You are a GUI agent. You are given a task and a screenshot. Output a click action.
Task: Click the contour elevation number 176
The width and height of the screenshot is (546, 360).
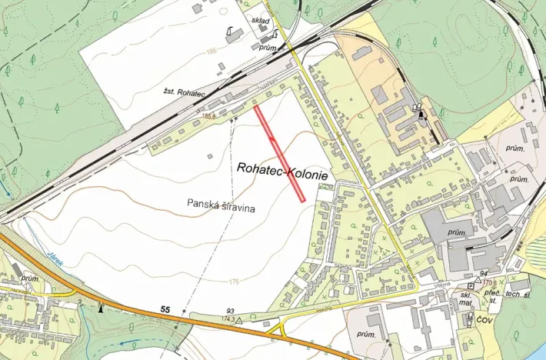coord(233,282)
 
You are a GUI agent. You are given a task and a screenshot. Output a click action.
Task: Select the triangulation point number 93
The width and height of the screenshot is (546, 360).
coord(229,311)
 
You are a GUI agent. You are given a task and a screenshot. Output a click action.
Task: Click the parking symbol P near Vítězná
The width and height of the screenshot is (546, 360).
coord(469,285)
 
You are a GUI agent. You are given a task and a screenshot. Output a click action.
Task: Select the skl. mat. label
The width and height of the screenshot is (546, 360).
coord(466,299)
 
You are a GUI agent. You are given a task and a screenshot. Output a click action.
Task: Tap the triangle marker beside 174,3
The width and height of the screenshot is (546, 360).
coord(239,319)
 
